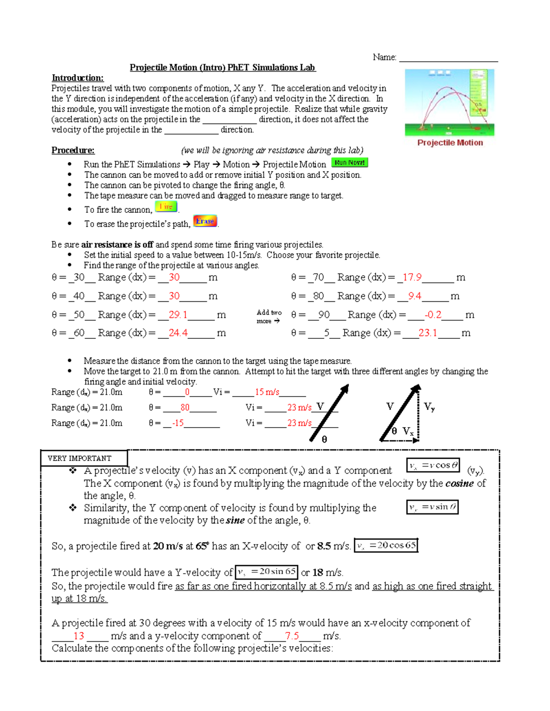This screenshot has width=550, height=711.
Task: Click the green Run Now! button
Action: click(x=349, y=163)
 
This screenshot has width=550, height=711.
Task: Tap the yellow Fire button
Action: click(x=165, y=207)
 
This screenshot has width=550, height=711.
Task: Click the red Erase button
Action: click(x=205, y=221)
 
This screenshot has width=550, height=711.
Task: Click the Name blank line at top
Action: click(x=448, y=58)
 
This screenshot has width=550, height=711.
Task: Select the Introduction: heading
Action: click(x=77, y=78)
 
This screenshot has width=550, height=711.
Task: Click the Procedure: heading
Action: click(x=73, y=150)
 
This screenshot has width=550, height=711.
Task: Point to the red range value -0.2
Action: click(x=433, y=315)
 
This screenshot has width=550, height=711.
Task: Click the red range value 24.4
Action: click(x=178, y=333)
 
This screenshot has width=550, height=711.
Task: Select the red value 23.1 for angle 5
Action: click(x=427, y=333)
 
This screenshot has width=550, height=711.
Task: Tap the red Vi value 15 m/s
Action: click(x=267, y=392)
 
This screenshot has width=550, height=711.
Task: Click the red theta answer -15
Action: click(x=178, y=423)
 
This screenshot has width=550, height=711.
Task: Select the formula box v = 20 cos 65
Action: click(x=386, y=545)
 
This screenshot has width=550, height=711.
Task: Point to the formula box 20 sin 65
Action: click(x=266, y=572)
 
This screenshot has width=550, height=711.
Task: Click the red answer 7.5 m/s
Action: click(x=291, y=636)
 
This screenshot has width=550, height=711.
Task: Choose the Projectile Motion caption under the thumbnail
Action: click(x=450, y=143)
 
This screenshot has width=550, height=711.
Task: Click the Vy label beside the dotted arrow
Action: click(x=429, y=407)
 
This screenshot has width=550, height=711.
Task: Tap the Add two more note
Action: click(x=269, y=316)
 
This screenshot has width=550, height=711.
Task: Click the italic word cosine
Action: click(x=459, y=483)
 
